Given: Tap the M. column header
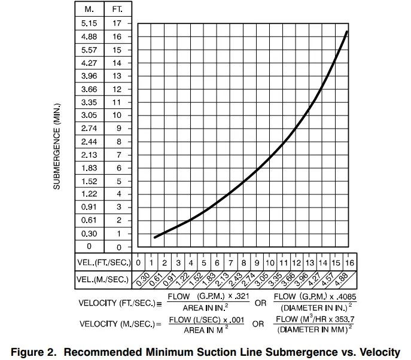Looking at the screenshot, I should click(89, 10).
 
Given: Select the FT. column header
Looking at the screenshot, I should click(117, 10).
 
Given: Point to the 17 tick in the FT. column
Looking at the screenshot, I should click(117, 23).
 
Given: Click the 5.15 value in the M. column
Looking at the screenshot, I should click(89, 23).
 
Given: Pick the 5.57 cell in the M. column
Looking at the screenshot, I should click(89, 50).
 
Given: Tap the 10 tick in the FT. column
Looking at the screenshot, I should click(117, 115).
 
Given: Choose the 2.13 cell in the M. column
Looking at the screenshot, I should click(89, 155).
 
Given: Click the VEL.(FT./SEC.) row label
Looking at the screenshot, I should click(104, 262).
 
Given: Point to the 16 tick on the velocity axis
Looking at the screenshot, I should click(349, 262).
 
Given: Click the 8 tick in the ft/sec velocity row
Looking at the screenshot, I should click(243, 262).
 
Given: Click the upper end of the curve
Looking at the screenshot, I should click(348, 31).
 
